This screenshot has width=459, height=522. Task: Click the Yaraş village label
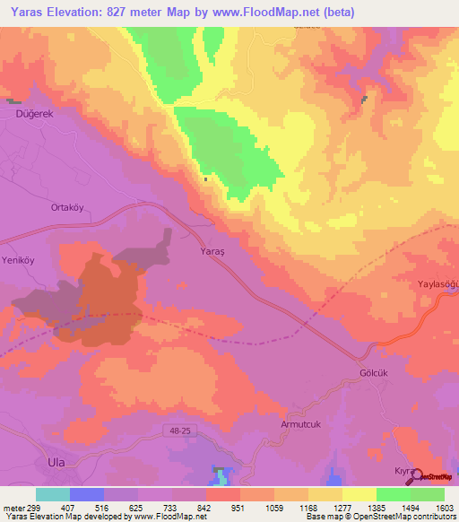click(x=206, y=254)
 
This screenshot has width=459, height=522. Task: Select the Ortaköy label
click(x=67, y=206)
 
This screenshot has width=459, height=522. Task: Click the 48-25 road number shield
click(x=180, y=431)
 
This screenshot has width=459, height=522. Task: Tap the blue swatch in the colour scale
click(x=87, y=494)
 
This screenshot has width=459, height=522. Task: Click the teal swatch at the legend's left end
click(x=53, y=494)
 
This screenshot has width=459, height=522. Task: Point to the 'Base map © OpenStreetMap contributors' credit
click(x=380, y=517)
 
